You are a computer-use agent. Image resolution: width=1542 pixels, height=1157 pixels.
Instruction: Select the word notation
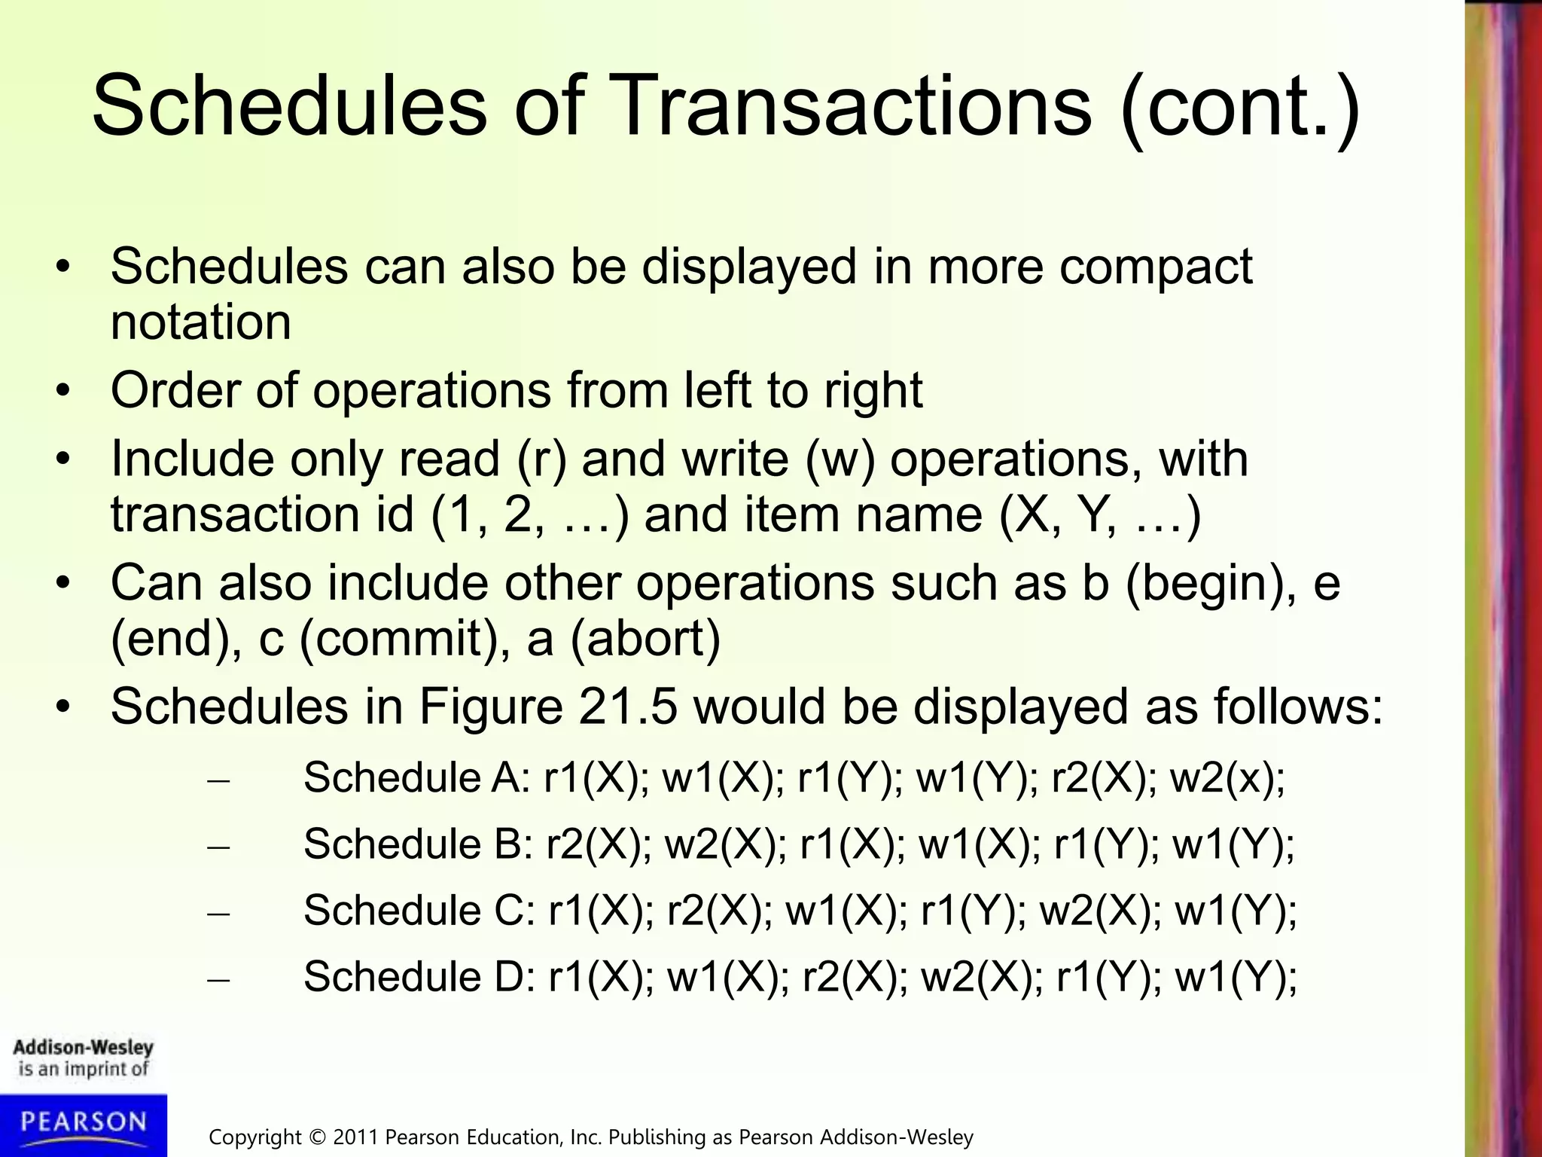tap(200, 322)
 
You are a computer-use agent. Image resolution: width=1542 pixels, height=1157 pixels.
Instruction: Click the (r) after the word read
tap(541, 459)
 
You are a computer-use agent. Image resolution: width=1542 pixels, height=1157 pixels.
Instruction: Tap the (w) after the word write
tap(840, 459)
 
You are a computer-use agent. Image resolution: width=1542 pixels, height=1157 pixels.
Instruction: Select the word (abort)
tap(645, 639)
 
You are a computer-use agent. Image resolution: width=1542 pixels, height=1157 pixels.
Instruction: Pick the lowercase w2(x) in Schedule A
tap(1227, 778)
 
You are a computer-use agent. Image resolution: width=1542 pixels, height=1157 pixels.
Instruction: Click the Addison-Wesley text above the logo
tap(83, 1048)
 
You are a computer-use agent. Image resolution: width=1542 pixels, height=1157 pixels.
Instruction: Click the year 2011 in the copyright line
tap(356, 1137)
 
